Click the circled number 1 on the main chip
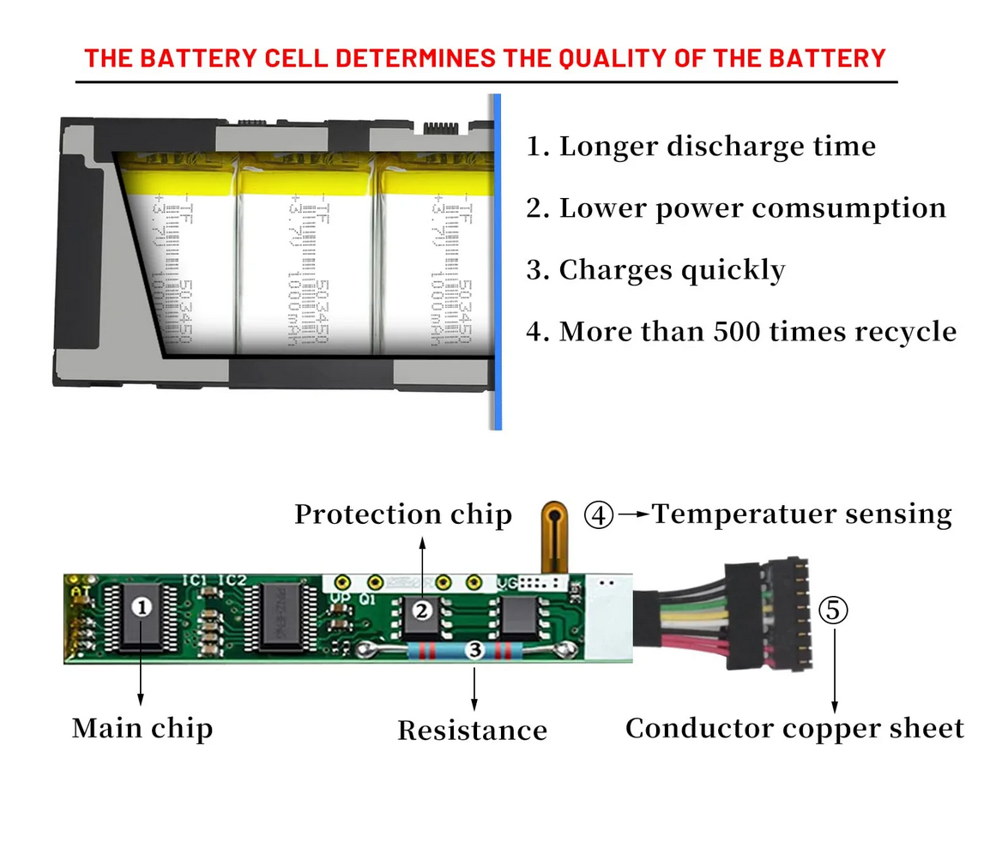pos(142,606)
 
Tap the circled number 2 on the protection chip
pos(421,610)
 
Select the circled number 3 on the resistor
pos(474,651)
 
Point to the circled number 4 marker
pos(599,514)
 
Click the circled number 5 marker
pos(833,610)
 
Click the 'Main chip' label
pos(142,728)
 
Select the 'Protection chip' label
pos(403,514)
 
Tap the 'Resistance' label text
pos(472,731)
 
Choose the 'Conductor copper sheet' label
pos(794,728)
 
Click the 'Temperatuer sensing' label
pos(801,514)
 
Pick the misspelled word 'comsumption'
pos(861,208)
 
